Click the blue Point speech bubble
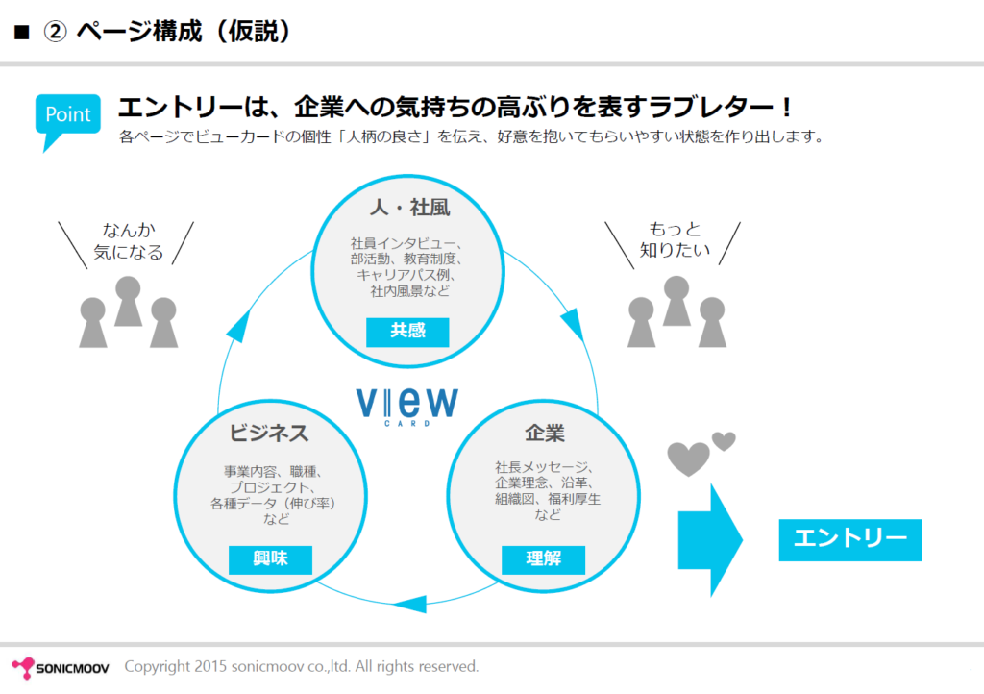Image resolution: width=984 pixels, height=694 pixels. pyautogui.click(x=68, y=116)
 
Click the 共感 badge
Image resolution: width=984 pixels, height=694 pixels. pyautogui.click(x=407, y=332)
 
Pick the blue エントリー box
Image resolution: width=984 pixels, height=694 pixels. pyautogui.click(x=849, y=539)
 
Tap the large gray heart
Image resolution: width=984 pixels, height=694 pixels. pyautogui.click(x=688, y=459)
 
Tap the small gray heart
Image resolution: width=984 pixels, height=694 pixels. pyautogui.click(x=724, y=441)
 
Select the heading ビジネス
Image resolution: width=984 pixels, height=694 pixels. pyautogui.click(x=269, y=434)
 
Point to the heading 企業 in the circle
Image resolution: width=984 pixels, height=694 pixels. pyautogui.click(x=545, y=434)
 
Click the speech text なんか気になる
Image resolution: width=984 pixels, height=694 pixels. pyautogui.click(x=128, y=241)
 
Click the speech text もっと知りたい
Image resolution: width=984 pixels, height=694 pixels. pyautogui.click(x=676, y=240)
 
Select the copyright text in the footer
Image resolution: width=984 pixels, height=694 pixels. pyautogui.click(x=302, y=666)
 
